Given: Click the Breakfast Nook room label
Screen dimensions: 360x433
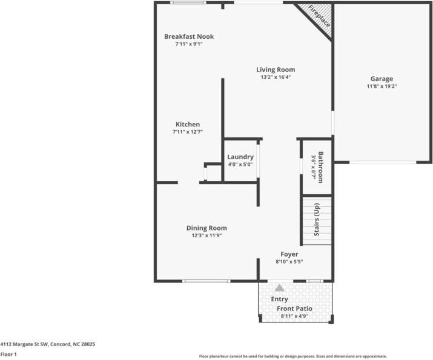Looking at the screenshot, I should [x=189, y=36].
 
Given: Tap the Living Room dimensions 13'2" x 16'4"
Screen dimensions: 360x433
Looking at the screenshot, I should [x=276, y=77].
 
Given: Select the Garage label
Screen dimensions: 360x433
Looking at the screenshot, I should [x=382, y=79].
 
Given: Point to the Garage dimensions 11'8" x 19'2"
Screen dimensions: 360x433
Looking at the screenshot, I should [x=382, y=87].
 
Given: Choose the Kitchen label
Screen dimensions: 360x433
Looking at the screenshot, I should [x=188, y=124].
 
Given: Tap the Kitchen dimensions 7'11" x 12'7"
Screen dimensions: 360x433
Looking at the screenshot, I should [x=188, y=132].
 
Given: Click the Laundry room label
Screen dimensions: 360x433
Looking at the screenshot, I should [x=240, y=157].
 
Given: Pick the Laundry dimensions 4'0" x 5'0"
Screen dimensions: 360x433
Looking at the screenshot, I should [x=240, y=165].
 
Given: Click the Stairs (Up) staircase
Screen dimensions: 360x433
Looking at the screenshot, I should [x=317, y=220].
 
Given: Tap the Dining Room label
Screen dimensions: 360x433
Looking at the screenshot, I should [x=207, y=228].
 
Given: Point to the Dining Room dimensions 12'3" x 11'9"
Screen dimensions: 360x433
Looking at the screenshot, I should [x=207, y=236].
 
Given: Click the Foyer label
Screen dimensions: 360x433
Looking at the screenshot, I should [x=289, y=254].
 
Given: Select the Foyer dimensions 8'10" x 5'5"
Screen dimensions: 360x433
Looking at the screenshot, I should [x=289, y=262].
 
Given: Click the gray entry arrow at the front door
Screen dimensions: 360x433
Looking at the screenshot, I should [x=279, y=288].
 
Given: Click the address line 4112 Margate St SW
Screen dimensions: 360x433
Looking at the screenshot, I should [x=48, y=344].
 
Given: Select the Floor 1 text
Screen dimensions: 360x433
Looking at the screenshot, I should [x=8, y=355].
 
